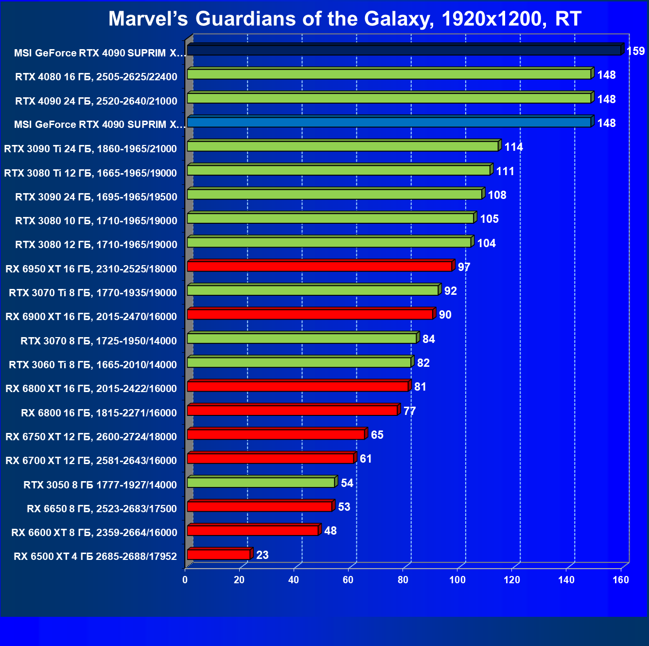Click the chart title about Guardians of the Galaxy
[344, 19]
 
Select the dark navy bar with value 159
[403, 51]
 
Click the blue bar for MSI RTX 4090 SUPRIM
[389, 122]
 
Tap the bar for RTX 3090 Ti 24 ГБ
[343, 146]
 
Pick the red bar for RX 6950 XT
[319, 267]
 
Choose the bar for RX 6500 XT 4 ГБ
[218, 555]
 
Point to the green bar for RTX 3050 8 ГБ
[261, 483]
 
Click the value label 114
[513, 147]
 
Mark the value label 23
[262, 555]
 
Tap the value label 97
[464, 267]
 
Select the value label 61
[366, 459]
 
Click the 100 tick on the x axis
[457, 580]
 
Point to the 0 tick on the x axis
[185, 580]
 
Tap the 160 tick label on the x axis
[620, 580]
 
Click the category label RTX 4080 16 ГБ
[96, 76]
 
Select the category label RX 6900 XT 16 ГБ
[91, 317]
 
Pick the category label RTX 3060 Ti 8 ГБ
[93, 365]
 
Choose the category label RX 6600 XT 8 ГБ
[94, 533]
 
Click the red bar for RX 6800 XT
[298, 387]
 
